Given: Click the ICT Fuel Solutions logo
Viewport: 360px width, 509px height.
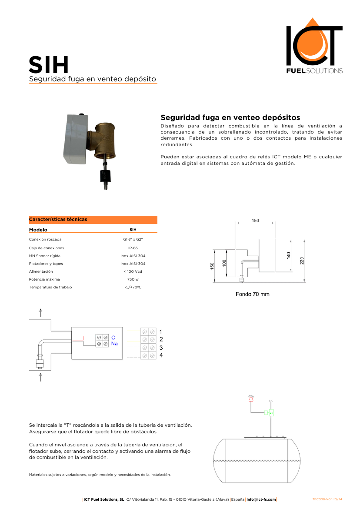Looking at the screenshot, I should click(314, 46).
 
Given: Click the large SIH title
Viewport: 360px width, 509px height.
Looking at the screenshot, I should click(49, 65).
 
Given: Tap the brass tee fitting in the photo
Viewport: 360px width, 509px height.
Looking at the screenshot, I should click(105, 139).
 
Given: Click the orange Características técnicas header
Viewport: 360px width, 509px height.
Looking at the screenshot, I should click(93, 220).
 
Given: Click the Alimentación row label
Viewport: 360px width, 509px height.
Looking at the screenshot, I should click(41, 271).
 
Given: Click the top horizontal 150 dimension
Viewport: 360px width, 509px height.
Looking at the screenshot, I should click(255, 221).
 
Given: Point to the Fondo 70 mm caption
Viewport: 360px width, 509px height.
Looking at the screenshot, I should click(252, 294).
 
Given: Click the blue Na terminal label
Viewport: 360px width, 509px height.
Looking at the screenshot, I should click(114, 344).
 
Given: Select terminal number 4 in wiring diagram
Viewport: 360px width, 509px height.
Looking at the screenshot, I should click(161, 355).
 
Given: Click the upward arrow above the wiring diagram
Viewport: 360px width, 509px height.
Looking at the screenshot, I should click(40, 313).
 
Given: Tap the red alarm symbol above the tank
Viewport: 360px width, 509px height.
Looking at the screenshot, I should click(250, 398).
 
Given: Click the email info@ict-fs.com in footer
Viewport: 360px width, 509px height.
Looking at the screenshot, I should click(261, 499).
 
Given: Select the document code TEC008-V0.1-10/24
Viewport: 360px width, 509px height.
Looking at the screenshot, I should click(327, 499).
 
